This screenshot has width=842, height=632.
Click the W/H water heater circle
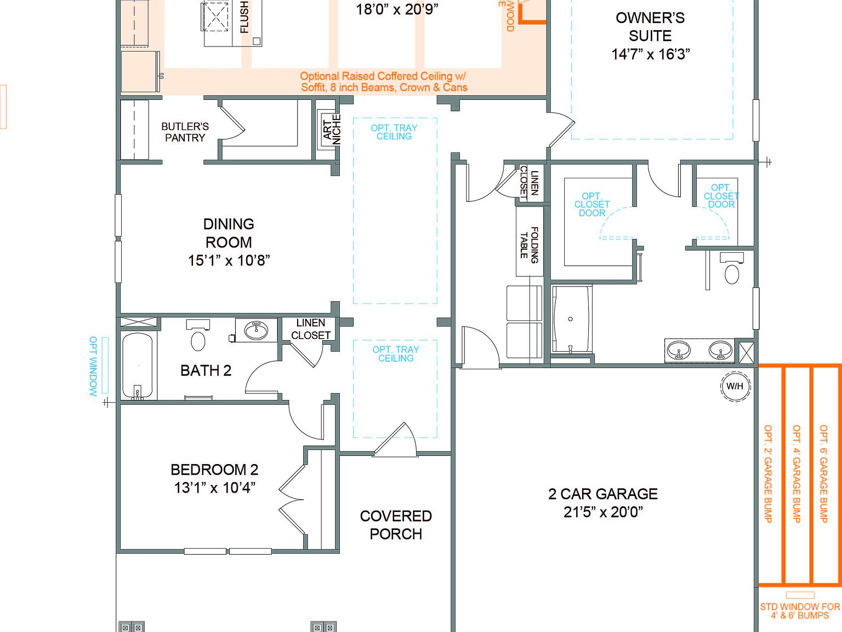pyautogui.click(x=735, y=386)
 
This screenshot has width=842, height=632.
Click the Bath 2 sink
pyautogui.click(x=255, y=330)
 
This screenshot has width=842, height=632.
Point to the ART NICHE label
pyautogui.click(x=332, y=129)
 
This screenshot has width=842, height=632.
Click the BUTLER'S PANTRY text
pyautogui.click(x=185, y=132)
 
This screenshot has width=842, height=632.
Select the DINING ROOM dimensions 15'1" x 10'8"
pyautogui.click(x=229, y=261)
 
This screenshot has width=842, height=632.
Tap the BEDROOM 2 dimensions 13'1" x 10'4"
pyautogui.click(x=214, y=488)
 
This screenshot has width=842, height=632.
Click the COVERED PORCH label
pyautogui.click(x=396, y=525)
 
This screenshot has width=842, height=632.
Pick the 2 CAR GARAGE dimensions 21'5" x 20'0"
pyautogui.click(x=603, y=512)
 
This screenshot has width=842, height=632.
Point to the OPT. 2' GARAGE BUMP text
pyautogui.click(x=768, y=473)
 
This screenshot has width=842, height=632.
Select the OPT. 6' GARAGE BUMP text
pyautogui.click(x=823, y=473)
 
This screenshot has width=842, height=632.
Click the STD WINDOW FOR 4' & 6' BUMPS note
pyautogui.click(x=800, y=611)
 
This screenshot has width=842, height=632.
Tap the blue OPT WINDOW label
pyautogui.click(x=93, y=366)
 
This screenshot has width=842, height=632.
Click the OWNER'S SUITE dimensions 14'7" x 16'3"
pyautogui.click(x=650, y=54)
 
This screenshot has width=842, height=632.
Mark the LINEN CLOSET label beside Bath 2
pyautogui.click(x=310, y=329)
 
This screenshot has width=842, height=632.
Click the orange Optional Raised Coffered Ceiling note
pyautogui.click(x=384, y=82)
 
